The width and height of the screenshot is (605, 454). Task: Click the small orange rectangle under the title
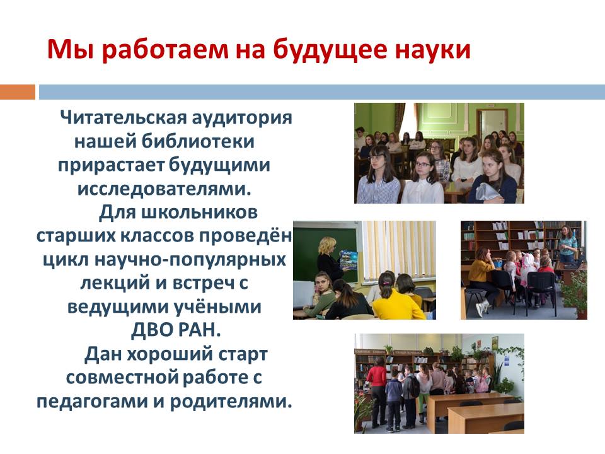coord(18,92)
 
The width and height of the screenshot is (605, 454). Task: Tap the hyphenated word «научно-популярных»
coord(190,260)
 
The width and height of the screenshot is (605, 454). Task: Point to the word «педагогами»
coord(92,402)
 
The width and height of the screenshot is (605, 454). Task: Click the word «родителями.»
coord(231,402)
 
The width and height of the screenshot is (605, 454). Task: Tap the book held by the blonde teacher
coord(349,260)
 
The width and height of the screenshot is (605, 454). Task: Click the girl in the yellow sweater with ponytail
coord(398,296)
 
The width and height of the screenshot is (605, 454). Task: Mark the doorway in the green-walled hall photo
coord(492,124)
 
